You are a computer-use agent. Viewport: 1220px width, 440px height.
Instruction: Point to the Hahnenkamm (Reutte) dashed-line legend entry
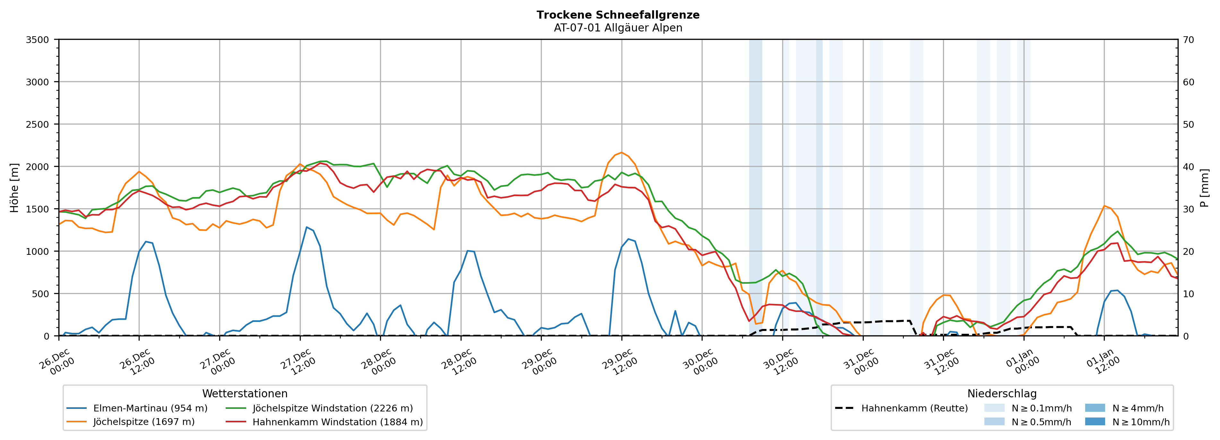[914, 408]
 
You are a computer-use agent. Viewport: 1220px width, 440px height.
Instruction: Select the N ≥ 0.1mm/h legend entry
[1041, 408]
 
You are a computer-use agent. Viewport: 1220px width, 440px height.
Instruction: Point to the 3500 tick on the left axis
[38, 40]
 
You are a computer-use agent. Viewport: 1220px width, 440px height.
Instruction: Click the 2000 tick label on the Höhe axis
[38, 167]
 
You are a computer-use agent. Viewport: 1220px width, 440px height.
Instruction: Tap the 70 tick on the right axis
[1188, 40]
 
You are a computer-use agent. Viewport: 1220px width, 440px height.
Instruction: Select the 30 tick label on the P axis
[1188, 209]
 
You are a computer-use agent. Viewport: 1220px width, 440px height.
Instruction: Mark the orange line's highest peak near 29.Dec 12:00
[621, 152]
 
